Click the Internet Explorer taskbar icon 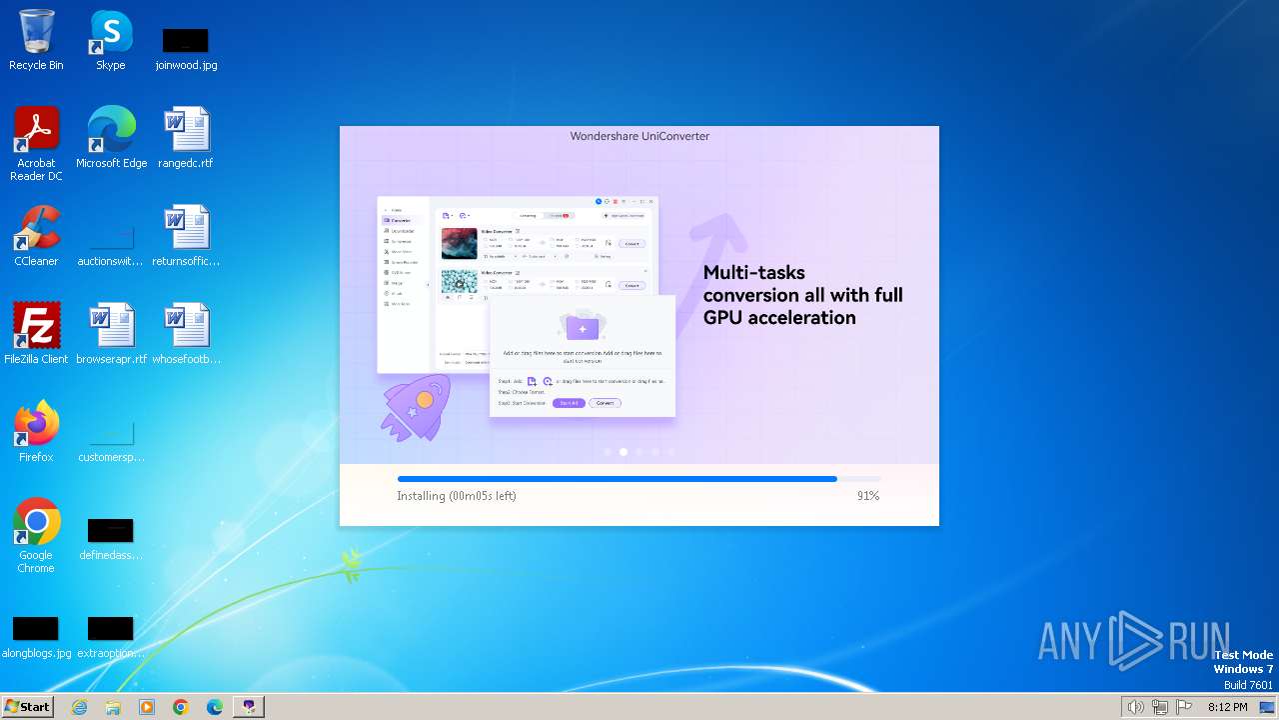[79, 707]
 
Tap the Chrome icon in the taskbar [180, 707]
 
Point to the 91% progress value [867, 496]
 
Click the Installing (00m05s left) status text [456, 496]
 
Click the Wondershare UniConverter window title [639, 136]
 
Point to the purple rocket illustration [417, 406]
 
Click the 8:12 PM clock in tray [1227, 707]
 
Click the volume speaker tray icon [1135, 707]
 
